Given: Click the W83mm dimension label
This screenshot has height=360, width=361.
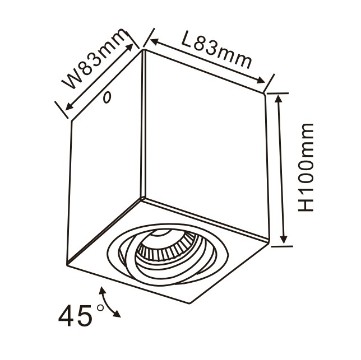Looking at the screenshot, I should pyautogui.click(x=95, y=63).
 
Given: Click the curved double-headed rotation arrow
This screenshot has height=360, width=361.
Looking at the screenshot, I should pyautogui.click(x=111, y=302).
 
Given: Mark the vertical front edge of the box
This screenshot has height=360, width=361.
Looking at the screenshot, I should pyautogui.click(x=144, y=123).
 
